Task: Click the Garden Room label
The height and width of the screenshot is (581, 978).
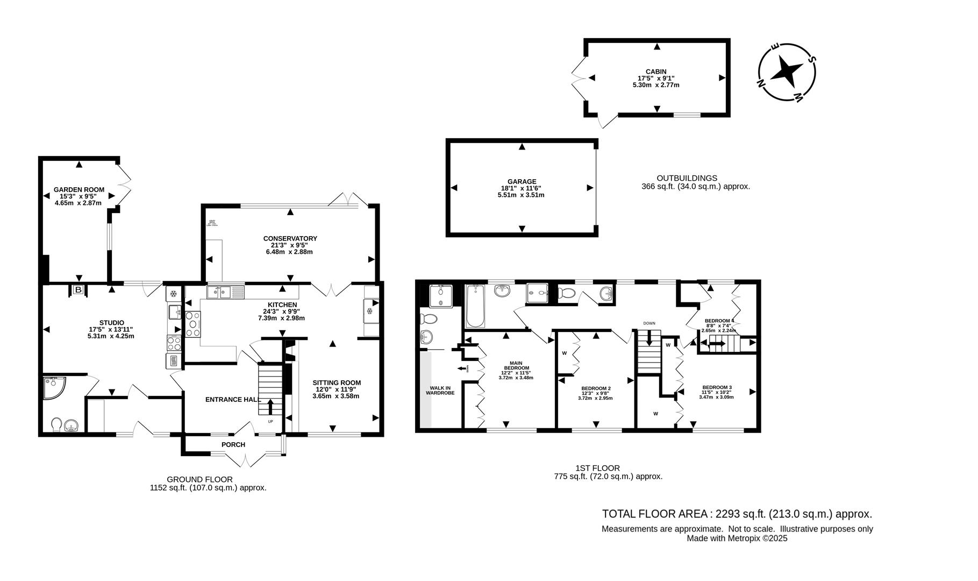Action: pyautogui.click(x=78, y=190)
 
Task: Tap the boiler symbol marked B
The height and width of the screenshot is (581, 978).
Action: pyautogui.click(x=78, y=290)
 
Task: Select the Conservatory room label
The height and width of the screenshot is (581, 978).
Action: pyautogui.click(x=290, y=238)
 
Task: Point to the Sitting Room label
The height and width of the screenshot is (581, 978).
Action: pyautogui.click(x=337, y=383)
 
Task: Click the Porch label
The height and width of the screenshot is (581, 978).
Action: pyautogui.click(x=233, y=445)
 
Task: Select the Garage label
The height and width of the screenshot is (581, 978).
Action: pyautogui.click(x=522, y=182)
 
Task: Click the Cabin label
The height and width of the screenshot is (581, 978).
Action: pyautogui.click(x=656, y=72)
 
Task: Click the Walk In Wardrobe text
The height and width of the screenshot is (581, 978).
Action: pyautogui.click(x=440, y=390)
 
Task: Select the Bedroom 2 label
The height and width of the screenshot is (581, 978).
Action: pyautogui.click(x=596, y=388)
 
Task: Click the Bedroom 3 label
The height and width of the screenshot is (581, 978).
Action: pyautogui.click(x=717, y=387)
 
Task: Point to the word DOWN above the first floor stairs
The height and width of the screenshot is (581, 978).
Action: pyautogui.click(x=649, y=323)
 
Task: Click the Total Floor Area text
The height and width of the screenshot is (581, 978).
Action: pyautogui.click(x=737, y=514)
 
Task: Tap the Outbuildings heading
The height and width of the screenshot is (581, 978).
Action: pyautogui.click(x=687, y=178)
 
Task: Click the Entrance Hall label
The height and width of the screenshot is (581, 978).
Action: pyautogui.click(x=233, y=400)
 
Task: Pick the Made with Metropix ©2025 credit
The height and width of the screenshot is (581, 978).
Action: pyautogui.click(x=737, y=538)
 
